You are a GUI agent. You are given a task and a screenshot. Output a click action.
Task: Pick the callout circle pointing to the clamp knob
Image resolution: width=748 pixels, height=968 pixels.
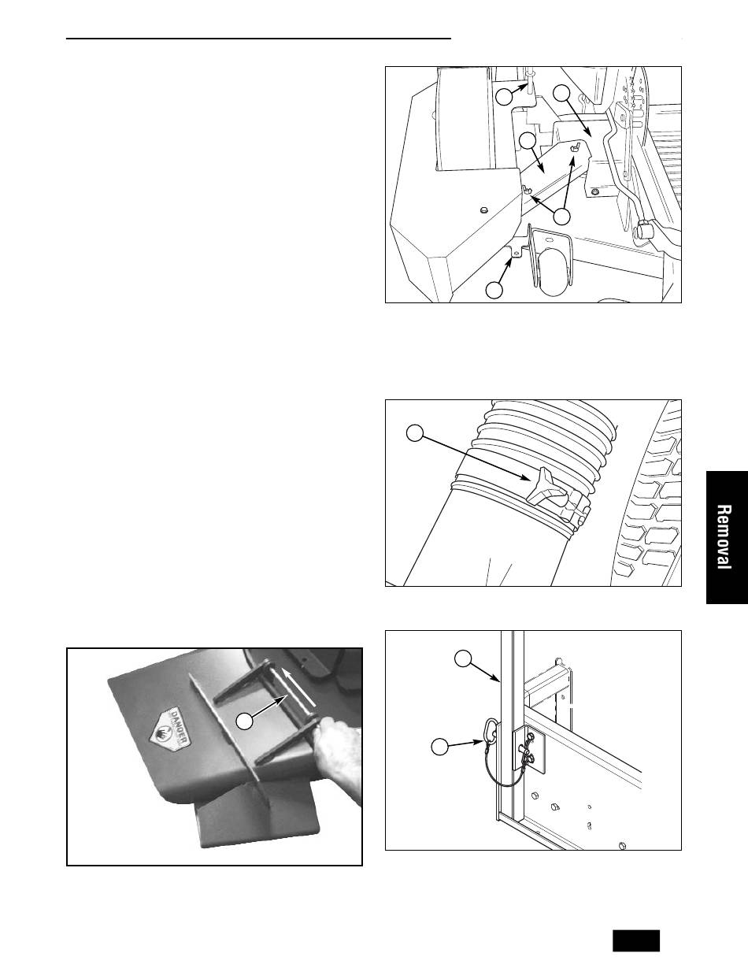pyautogui.click(x=415, y=433)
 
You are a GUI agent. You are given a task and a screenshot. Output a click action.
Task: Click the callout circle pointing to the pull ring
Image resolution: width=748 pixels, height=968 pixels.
pyautogui.click(x=439, y=747)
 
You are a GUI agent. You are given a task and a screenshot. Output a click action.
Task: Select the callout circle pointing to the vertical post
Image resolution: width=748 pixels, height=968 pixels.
pyautogui.click(x=463, y=658)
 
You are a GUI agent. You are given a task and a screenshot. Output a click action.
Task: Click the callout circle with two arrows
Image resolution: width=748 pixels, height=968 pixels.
pyautogui.click(x=562, y=217)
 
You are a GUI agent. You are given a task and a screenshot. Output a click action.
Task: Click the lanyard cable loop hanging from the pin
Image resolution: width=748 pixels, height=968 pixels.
pyautogui.click(x=502, y=773)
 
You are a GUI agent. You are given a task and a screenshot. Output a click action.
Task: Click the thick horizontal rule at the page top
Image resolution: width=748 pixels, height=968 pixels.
pyautogui.click(x=259, y=39)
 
